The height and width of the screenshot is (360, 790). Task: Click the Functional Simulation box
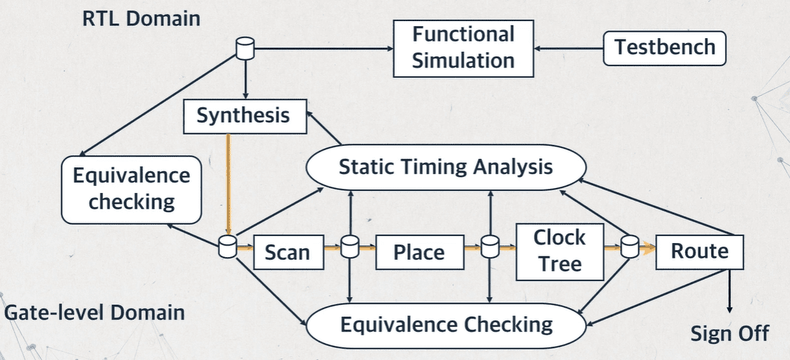(x=463, y=47)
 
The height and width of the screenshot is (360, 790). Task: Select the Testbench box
(x=665, y=47)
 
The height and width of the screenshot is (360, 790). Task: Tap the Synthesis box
(x=244, y=116)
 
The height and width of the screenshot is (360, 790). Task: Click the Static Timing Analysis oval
(x=445, y=168)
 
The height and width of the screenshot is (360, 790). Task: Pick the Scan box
(x=287, y=251)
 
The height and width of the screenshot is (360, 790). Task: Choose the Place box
(x=419, y=252)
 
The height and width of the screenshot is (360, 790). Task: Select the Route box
(x=699, y=251)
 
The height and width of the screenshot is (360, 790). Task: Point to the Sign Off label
(x=729, y=333)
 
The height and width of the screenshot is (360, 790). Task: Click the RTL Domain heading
(x=142, y=18)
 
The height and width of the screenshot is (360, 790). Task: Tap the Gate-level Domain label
(x=94, y=312)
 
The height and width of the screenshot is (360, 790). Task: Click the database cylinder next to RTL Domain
(x=244, y=49)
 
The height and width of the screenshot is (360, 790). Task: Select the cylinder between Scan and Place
(x=350, y=247)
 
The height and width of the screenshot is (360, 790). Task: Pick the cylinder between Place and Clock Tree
(x=489, y=247)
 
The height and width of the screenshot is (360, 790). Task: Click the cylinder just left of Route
(x=629, y=247)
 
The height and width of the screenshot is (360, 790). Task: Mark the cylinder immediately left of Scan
(x=227, y=247)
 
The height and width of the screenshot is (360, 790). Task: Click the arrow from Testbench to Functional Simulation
(x=569, y=49)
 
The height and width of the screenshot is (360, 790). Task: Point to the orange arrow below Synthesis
(x=228, y=183)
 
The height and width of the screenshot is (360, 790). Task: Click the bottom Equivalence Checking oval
(x=445, y=325)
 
